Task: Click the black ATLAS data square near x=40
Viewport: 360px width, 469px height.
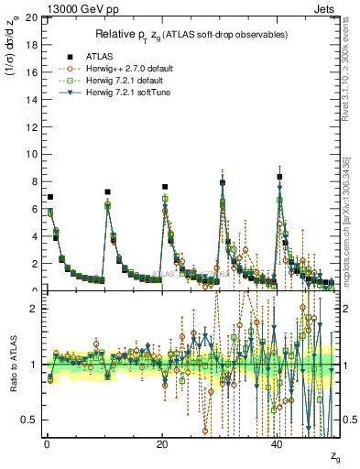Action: coord(279,177)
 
